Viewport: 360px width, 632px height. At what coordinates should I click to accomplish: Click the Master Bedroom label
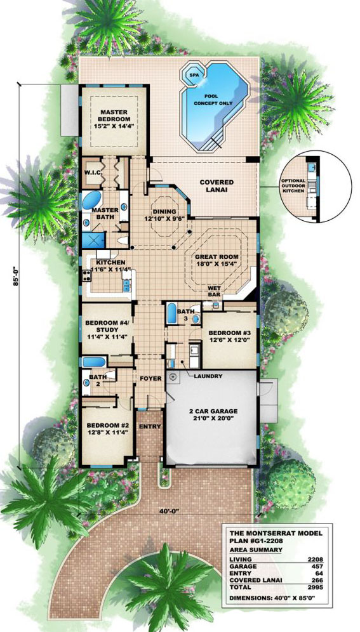[x=114, y=115]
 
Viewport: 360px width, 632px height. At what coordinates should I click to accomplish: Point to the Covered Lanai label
[x=217, y=186]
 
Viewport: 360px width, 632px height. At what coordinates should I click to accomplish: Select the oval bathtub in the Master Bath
[x=92, y=201]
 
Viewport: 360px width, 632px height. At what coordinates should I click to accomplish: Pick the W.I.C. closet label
[x=93, y=173]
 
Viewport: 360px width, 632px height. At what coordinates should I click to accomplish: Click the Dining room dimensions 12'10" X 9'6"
[x=164, y=218]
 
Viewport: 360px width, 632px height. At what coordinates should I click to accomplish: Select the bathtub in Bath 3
[x=171, y=313]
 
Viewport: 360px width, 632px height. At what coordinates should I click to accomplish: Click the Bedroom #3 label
[x=226, y=333]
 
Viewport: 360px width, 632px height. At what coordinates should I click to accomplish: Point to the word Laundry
[x=208, y=376]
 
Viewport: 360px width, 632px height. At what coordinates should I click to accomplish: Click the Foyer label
[x=150, y=378]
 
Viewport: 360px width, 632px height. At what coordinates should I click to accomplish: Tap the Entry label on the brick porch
[x=150, y=426]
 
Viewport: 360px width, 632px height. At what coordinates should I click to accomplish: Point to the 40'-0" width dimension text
[x=168, y=510]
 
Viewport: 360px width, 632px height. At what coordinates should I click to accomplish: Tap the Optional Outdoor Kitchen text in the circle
[x=295, y=185]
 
